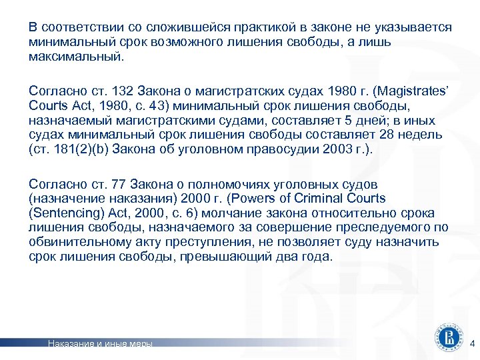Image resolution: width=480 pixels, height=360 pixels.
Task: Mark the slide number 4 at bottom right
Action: click(x=472, y=344)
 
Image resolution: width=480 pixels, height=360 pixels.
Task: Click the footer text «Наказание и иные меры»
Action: click(x=100, y=344)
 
